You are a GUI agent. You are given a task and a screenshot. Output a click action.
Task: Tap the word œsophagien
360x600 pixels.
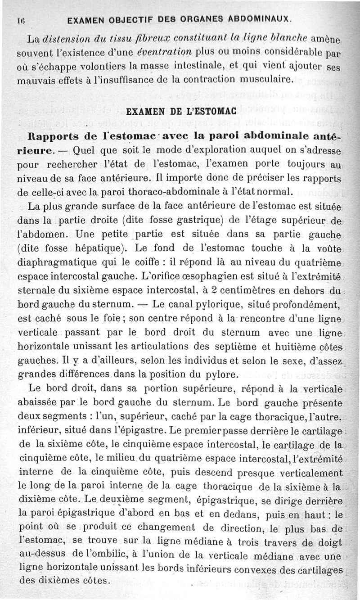click(223, 276)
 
